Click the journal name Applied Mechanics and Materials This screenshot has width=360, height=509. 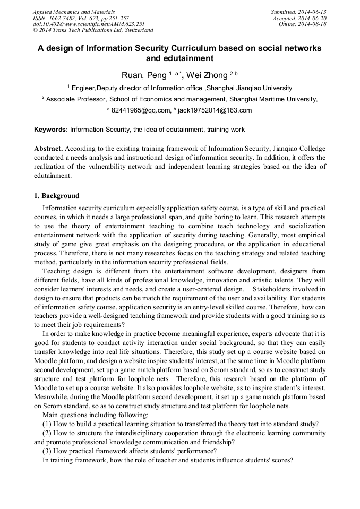point(73,12)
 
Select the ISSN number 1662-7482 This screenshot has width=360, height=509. point(65,18)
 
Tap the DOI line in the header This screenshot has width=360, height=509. point(88,24)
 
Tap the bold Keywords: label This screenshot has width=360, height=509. point(51,129)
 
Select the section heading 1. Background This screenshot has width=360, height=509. point(57,196)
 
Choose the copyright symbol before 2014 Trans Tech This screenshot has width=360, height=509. point(36,31)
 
